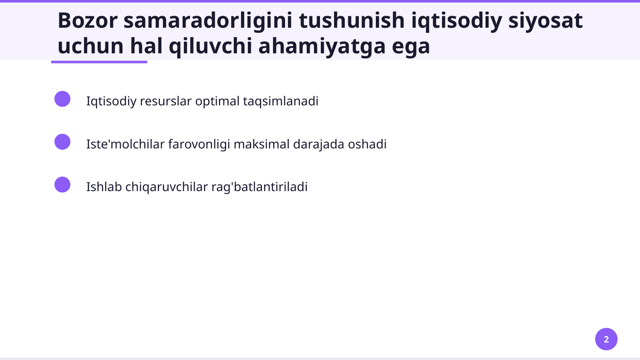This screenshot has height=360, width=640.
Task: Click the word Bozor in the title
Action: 87,20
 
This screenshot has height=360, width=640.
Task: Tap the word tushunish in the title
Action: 352,20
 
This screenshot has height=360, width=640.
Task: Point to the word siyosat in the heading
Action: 545,20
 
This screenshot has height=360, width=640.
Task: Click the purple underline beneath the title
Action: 99,62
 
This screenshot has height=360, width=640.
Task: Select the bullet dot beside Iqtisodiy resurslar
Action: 62,99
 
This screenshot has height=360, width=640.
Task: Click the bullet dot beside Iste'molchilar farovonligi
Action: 62,142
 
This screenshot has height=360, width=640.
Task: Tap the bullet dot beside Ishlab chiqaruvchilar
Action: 62,185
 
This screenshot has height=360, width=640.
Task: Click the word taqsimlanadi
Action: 280,102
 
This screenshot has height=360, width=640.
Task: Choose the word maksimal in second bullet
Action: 262,144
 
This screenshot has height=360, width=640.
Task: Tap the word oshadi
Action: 367,144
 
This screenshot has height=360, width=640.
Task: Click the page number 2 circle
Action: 606,339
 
